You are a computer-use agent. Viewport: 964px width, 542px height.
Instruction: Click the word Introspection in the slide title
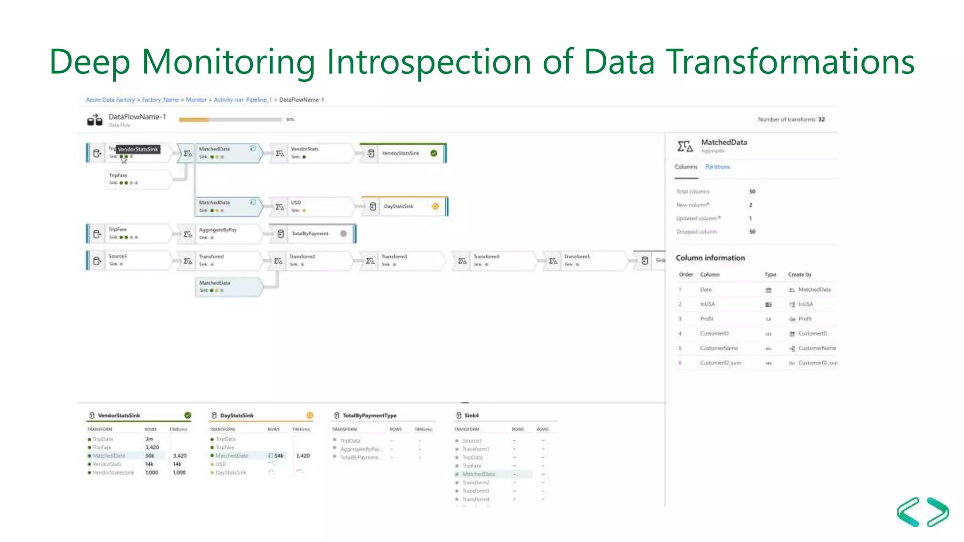(x=429, y=62)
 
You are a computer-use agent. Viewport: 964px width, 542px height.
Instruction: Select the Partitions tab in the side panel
(x=717, y=167)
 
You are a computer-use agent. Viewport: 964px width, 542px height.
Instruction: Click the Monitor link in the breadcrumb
(x=196, y=100)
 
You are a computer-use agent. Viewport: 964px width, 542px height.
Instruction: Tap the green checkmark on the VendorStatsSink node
(x=434, y=153)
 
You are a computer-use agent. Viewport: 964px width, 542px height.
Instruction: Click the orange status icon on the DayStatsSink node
(x=435, y=206)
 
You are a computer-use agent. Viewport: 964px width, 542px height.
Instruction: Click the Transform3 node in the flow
(x=394, y=257)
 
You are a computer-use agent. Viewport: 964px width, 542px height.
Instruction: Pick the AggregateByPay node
(x=217, y=230)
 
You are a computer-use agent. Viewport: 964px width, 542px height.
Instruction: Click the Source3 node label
(x=118, y=256)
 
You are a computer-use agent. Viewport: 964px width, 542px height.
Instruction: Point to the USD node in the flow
(x=296, y=203)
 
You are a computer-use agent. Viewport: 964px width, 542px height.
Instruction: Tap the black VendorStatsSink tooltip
(x=138, y=149)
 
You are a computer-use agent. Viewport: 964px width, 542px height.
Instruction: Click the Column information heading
(x=710, y=258)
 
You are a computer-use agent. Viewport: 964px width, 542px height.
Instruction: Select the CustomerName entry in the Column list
(x=719, y=348)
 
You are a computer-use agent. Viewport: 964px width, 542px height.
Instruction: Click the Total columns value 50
(x=752, y=191)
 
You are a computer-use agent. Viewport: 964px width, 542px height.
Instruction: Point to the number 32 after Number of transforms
(x=821, y=120)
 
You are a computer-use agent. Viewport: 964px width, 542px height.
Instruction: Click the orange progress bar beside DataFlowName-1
(x=193, y=120)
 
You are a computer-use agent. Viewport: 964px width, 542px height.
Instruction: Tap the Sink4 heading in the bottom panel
(x=471, y=415)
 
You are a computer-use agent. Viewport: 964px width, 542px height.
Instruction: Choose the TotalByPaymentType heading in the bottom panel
(x=370, y=415)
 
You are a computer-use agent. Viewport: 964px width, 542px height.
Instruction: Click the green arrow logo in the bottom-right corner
(x=923, y=512)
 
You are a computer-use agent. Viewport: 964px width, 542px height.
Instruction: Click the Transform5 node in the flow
(x=577, y=257)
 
